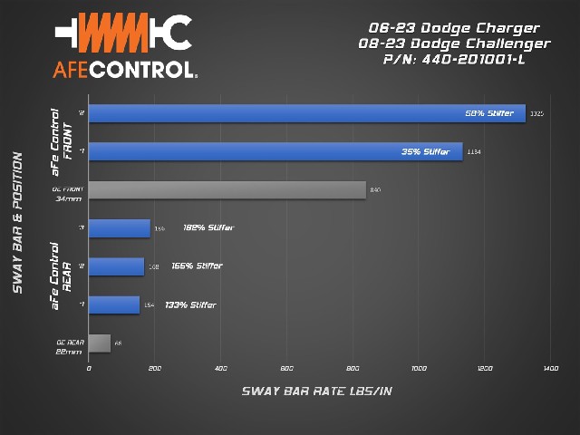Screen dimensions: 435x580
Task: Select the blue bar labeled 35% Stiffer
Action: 275,151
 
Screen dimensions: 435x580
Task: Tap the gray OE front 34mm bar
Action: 227,189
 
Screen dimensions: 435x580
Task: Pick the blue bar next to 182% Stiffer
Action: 119,227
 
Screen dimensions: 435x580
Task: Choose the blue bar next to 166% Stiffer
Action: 116,266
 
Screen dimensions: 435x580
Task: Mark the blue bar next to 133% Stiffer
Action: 114,304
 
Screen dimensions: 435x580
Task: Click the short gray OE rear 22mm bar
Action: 100,343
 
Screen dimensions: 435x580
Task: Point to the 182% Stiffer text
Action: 208,227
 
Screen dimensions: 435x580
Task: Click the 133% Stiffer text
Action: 190,304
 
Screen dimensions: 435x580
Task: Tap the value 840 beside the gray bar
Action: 375,189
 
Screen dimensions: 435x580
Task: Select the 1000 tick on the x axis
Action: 419,369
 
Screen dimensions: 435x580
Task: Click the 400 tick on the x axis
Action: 220,369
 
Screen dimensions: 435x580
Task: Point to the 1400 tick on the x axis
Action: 550,369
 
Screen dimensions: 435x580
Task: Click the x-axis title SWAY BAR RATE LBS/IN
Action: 317,391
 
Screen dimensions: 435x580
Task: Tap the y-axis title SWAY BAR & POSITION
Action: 17,227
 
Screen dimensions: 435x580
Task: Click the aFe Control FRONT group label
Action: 61,142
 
